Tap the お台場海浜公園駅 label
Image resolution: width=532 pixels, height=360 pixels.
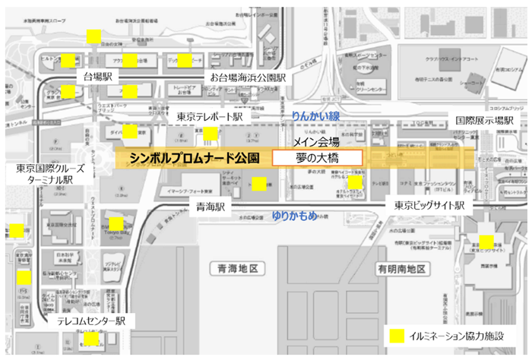[249, 77]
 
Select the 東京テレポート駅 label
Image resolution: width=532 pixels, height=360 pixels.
[210, 117]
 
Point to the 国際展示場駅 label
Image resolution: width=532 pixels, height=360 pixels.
[485, 121]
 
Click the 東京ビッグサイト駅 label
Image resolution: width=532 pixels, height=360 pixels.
[429, 206]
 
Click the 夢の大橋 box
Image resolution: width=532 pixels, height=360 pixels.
[317, 158]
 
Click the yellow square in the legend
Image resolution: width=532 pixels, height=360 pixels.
[396, 335]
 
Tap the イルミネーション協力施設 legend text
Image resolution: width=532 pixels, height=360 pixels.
[459, 335]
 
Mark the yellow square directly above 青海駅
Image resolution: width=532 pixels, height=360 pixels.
[258, 184]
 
